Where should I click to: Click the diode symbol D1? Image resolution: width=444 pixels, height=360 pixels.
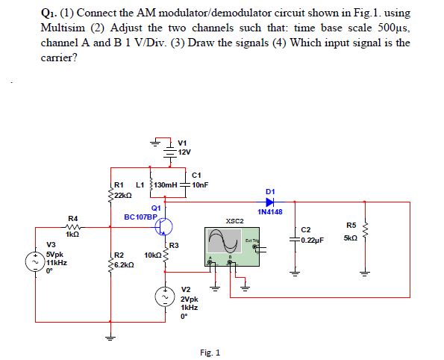[x=270, y=201]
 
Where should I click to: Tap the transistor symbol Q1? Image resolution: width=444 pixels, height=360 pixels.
[x=167, y=226]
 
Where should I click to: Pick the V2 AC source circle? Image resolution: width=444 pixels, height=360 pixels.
[x=169, y=297]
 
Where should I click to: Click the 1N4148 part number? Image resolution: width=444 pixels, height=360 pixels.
[x=269, y=212]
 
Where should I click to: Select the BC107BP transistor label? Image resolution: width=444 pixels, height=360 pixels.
[x=140, y=217]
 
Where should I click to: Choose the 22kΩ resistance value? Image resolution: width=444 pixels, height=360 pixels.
[x=123, y=193]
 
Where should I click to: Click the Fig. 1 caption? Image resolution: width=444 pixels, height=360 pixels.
[x=210, y=352]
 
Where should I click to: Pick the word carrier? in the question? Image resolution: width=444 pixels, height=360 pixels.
[x=59, y=55]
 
